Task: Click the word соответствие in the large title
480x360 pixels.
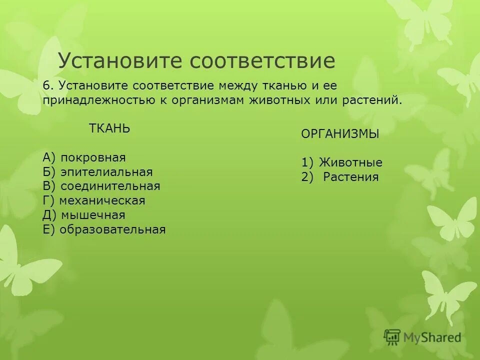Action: pyautogui.click(x=262, y=61)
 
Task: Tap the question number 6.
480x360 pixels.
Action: pyautogui.click(x=47, y=85)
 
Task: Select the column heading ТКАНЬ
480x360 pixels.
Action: pyautogui.click(x=109, y=128)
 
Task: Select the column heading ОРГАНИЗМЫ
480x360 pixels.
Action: pyautogui.click(x=340, y=134)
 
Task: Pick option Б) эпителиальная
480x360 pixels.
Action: pyautogui.click(x=97, y=172)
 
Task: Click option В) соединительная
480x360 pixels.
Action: pyautogui.click(x=101, y=186)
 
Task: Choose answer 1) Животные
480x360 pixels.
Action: pyautogui.click(x=342, y=162)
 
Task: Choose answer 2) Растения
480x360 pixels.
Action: pyautogui.click(x=340, y=177)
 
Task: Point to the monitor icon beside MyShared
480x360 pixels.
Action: pyautogui.click(x=392, y=337)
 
